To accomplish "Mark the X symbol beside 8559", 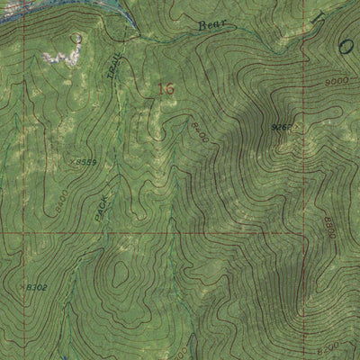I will pyautogui.click(x=69, y=164).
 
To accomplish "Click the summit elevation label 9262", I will pyautogui.click(x=280, y=129).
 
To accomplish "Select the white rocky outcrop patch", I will pyautogui.click(x=58, y=57).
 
